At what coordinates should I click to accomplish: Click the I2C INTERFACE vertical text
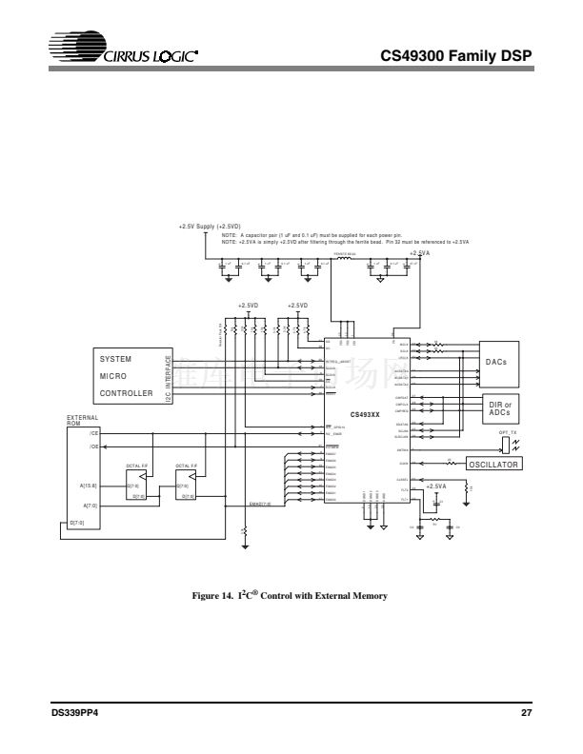169,378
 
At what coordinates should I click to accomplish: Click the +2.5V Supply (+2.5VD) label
210,227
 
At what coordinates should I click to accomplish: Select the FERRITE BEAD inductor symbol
347,258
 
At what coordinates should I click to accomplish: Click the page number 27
526,712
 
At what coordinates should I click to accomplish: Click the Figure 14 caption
291,596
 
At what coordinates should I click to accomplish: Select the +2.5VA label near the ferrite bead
419,253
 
